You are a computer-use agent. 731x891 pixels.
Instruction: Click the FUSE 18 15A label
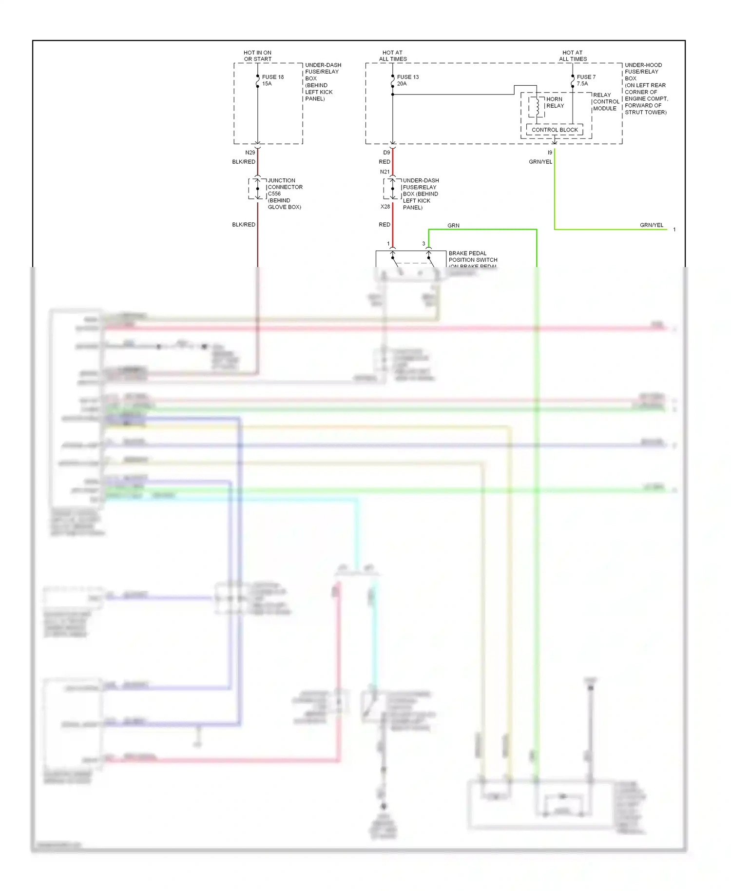tap(272, 80)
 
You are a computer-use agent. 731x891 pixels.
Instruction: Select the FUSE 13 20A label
tap(407, 80)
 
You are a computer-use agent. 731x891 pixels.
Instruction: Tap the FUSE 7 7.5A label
tap(586, 80)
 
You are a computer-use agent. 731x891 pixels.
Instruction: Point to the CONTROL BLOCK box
tap(555, 130)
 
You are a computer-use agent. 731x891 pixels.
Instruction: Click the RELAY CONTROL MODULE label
tap(606, 102)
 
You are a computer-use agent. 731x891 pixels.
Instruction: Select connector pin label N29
tap(250, 153)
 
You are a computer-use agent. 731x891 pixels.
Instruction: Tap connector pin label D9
tap(386, 153)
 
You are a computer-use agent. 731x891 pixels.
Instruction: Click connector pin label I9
tap(550, 153)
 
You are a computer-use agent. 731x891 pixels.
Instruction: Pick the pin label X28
tap(385, 207)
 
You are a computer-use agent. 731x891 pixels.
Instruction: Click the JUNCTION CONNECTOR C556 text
tap(285, 194)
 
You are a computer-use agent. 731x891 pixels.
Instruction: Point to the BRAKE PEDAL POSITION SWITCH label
tap(472, 257)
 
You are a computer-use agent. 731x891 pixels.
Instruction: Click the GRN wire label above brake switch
tap(453, 226)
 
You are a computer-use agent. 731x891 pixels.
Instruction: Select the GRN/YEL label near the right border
tap(651, 225)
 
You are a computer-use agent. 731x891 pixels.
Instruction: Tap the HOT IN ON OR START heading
tap(257, 56)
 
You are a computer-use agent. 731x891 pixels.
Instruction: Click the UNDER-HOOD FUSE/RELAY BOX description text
tap(646, 88)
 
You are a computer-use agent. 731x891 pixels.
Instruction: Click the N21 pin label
tap(385, 172)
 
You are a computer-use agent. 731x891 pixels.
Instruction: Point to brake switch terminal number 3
tap(423, 244)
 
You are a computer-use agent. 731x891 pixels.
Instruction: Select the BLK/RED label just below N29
tap(244, 162)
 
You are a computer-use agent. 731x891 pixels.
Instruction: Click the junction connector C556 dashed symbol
tap(257, 189)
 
